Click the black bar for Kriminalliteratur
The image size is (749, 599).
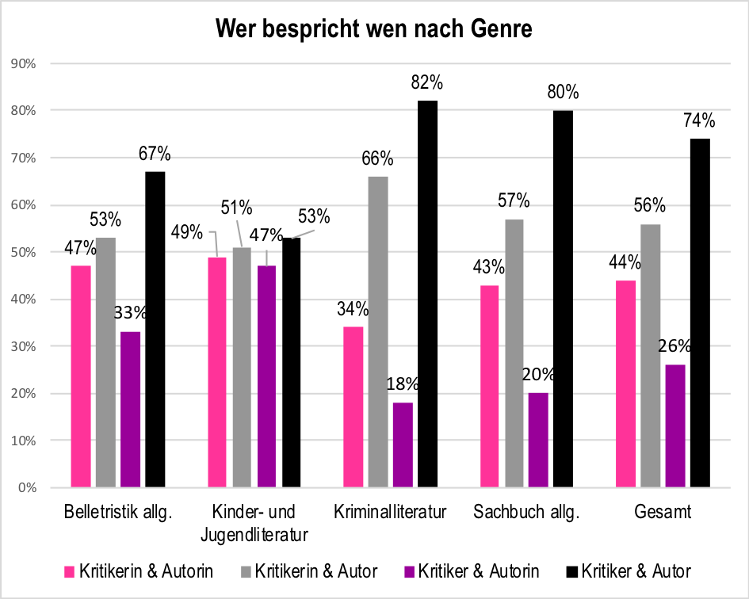428,294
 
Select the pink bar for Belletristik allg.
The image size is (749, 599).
81,376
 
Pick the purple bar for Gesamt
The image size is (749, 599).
675,426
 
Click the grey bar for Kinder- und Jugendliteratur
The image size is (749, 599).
242,368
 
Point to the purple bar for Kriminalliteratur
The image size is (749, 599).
403,444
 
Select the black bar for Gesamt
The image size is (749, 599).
700,313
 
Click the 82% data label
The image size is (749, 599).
427,82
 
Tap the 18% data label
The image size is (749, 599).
402,384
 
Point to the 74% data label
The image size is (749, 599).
699,120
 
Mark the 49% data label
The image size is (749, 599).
188,234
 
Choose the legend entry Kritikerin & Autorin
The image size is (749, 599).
138,570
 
